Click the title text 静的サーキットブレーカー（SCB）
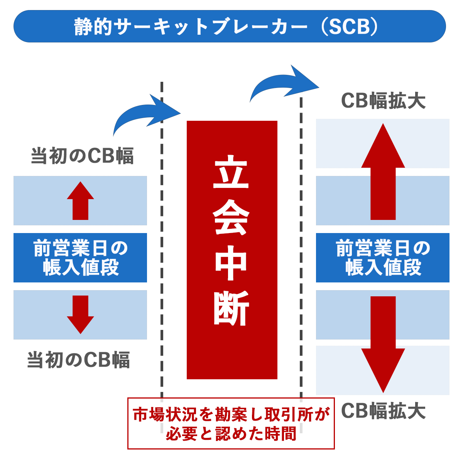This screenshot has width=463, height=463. pyautogui.click(x=230, y=27)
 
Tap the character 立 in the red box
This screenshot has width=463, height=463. pyautogui.click(x=231, y=172)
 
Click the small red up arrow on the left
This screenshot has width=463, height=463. pyautogui.click(x=80, y=201)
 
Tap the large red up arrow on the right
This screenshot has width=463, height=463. pyautogui.click(x=383, y=172)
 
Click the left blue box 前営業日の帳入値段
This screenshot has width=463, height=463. pyautogui.click(x=80, y=258)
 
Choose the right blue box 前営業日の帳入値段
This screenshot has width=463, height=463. pyautogui.click(x=383, y=258)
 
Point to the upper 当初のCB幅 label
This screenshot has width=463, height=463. pyautogui.click(x=83, y=156)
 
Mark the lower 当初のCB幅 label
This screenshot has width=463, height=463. pyautogui.click(x=79, y=360)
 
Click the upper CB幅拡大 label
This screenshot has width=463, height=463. pyautogui.click(x=384, y=101)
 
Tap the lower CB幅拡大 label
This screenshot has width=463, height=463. pyautogui.click(x=384, y=411)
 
